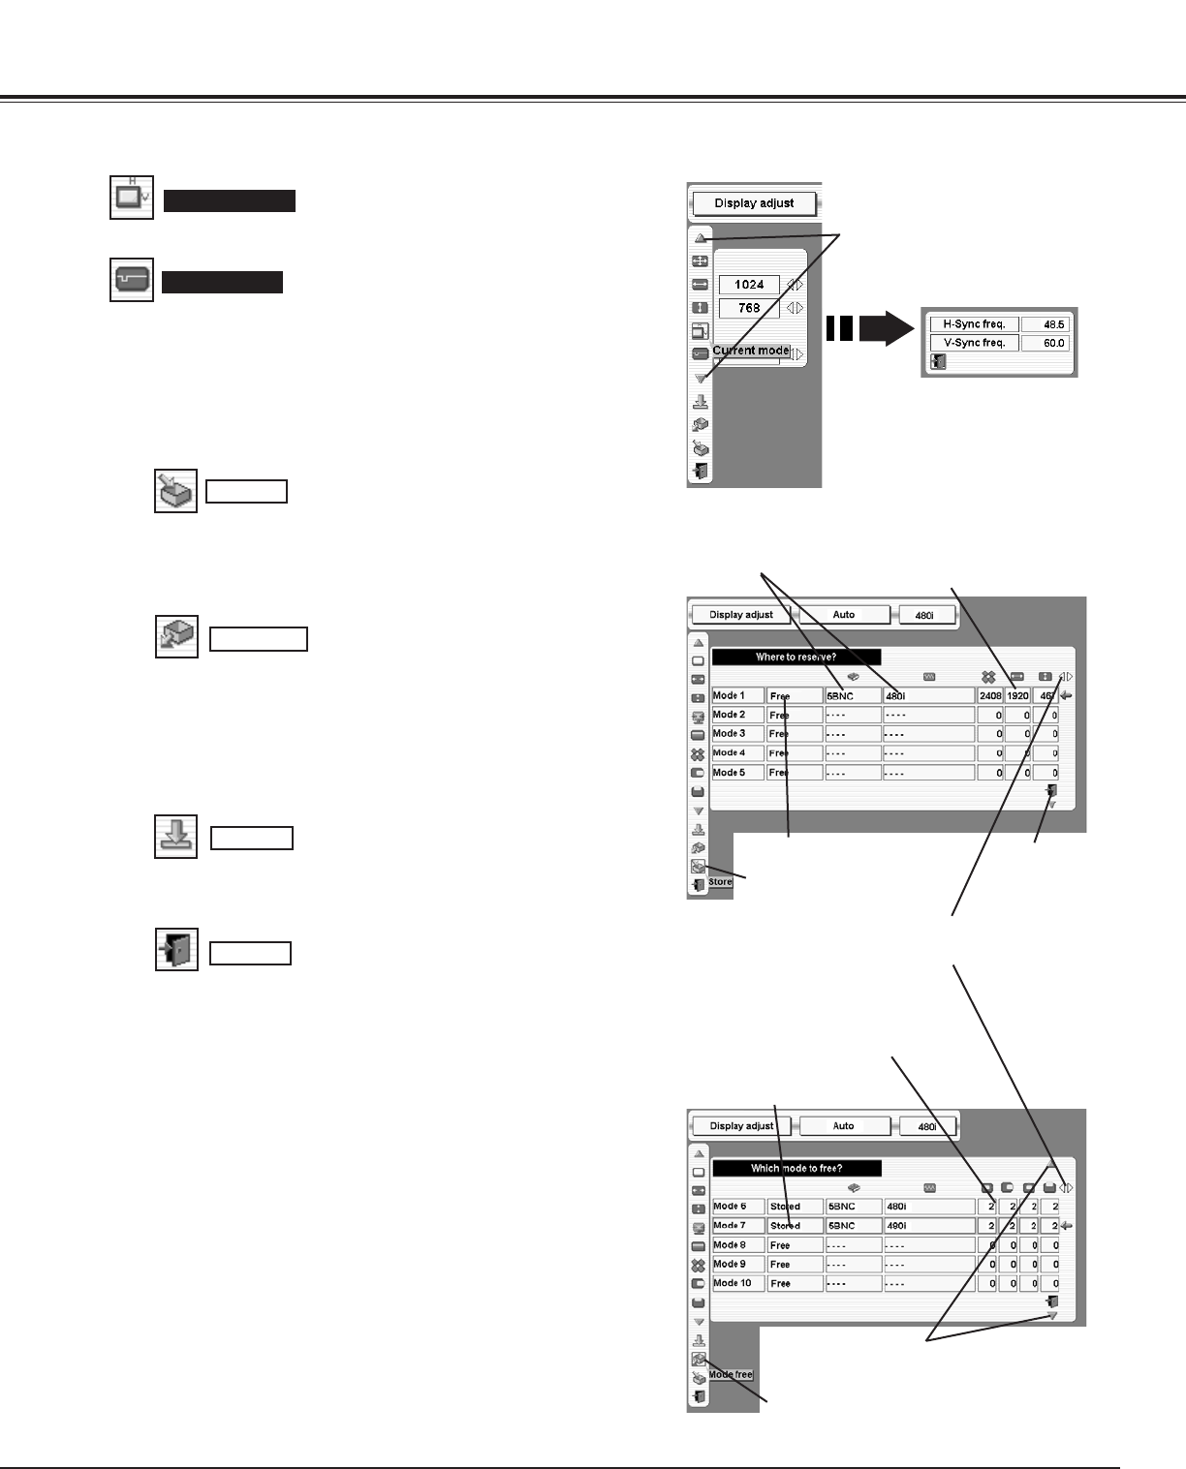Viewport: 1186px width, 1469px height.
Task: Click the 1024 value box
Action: (749, 285)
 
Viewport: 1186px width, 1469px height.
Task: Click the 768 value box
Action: (749, 308)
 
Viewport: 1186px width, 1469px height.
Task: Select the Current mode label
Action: (751, 351)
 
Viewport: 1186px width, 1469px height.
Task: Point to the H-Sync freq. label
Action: (973, 324)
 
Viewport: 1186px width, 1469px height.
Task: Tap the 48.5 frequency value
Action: (1046, 324)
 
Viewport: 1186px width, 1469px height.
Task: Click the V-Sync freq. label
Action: (973, 343)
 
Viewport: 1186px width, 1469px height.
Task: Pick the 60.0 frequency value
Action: (1046, 343)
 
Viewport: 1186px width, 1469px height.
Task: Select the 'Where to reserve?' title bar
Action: (796, 657)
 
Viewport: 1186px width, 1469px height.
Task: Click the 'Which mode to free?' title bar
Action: (796, 1168)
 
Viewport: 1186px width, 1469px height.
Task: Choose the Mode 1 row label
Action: (737, 695)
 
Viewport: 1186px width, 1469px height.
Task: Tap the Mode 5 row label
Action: (737, 773)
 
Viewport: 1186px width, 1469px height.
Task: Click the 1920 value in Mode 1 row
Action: (1017, 695)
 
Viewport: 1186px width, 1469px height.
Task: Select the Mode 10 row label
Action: (737, 1283)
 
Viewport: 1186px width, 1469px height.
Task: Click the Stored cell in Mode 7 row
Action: (794, 1226)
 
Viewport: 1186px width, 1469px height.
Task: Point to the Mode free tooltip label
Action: (730, 1374)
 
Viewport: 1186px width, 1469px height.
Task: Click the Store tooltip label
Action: (720, 882)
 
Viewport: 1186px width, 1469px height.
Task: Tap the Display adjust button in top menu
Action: (755, 203)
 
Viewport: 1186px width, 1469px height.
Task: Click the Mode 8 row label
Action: (737, 1245)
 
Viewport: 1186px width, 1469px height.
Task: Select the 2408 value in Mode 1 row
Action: (989, 695)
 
